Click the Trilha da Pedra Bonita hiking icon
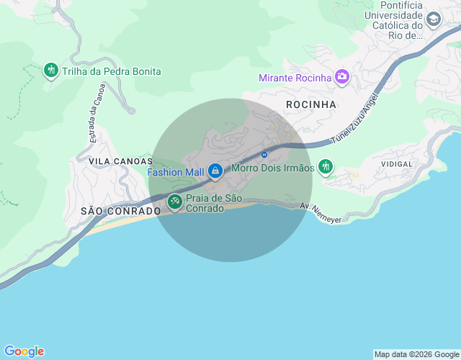point(50,71)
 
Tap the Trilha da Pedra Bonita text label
point(112,71)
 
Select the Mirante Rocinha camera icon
point(341,76)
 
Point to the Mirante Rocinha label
point(295,77)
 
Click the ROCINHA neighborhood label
point(311,104)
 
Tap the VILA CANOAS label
point(121,161)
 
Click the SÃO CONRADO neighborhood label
point(120,211)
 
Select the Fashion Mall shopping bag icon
point(215,171)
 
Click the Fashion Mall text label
point(176,172)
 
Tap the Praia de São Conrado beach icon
point(174,203)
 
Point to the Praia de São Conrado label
point(213,203)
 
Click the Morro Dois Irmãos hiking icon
point(326,167)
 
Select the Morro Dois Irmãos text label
point(273,168)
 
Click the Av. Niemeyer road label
point(321,212)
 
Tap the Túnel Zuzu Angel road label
point(354,120)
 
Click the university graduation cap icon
point(434,19)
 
